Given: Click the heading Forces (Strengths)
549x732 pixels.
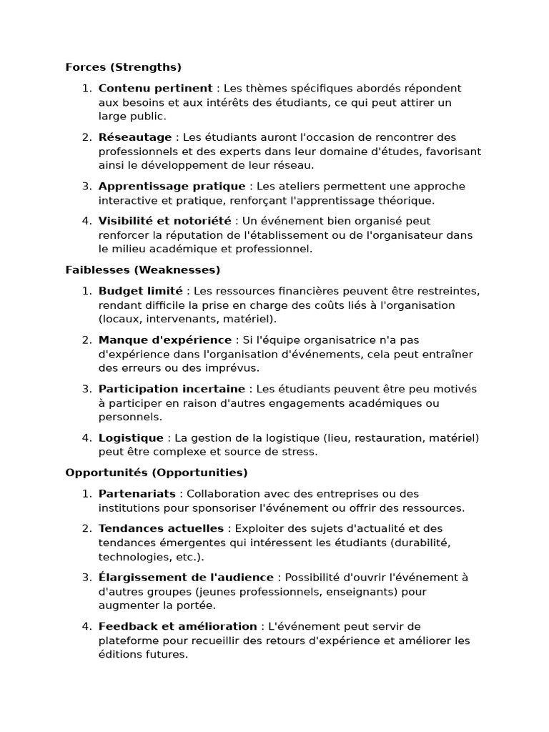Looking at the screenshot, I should tap(123, 67).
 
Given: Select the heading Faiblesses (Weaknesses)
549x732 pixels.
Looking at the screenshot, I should tap(142, 270).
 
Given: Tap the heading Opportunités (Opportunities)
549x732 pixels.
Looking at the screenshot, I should tap(156, 473).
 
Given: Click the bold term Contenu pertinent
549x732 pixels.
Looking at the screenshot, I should tap(155, 89).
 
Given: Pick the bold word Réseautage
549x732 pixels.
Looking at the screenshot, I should tap(134, 137).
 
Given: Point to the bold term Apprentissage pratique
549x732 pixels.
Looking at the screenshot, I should tap(172, 187).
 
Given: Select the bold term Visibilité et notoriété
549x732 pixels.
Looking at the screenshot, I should tap(164, 222).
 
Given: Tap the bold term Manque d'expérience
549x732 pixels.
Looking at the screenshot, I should tap(164, 340).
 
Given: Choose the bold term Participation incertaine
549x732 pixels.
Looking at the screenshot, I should tap(172, 390).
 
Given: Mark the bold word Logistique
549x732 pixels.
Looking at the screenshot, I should tap(131, 438).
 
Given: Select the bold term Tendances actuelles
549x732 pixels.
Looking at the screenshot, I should tap(161, 529).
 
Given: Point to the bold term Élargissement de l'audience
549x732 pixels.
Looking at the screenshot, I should tap(186, 578).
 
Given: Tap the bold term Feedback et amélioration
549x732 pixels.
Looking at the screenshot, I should tap(177, 627).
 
